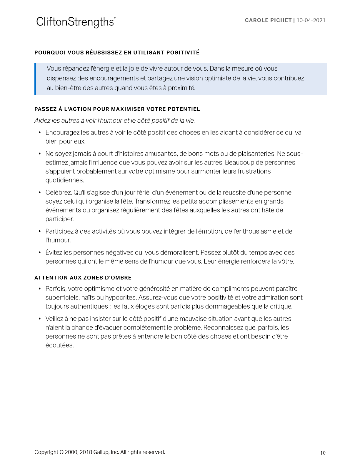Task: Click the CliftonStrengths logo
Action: [x=76, y=22]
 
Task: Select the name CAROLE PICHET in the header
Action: [x=268, y=20]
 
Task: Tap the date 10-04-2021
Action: [x=311, y=20]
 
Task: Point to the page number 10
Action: [x=323, y=453]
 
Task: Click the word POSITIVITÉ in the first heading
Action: [x=183, y=53]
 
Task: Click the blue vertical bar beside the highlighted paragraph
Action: [x=35, y=79]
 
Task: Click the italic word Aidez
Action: [x=42, y=121]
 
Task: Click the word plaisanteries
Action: [x=256, y=154]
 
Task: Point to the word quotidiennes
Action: [x=64, y=180]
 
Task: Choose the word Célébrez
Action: [x=59, y=193]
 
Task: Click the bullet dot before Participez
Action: [x=40, y=232]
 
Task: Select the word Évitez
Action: [x=54, y=253]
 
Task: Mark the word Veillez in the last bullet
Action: [x=55, y=319]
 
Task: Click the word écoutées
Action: [x=59, y=345]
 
